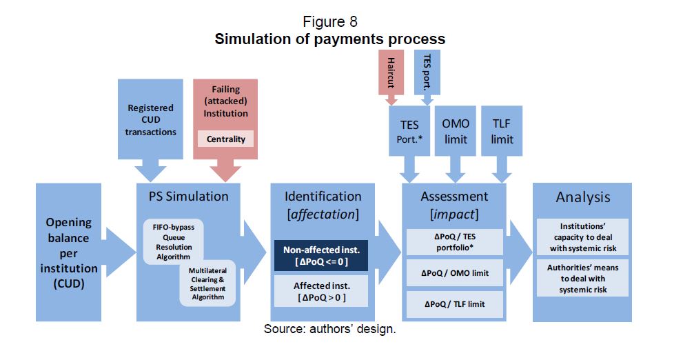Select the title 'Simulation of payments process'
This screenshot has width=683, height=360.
[329, 39]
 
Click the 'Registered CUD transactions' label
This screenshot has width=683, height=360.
[151, 120]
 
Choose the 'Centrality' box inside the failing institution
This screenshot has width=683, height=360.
[226, 139]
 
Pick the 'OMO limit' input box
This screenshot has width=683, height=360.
[455, 132]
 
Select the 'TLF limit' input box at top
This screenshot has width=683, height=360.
[502, 132]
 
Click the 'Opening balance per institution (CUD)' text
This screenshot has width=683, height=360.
[68, 252]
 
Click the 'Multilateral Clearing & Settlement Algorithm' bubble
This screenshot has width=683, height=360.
[207, 283]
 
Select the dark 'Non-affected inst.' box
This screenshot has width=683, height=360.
[320, 255]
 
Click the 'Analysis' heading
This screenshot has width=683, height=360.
[582, 197]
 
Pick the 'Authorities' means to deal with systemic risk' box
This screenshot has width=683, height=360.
[582, 278]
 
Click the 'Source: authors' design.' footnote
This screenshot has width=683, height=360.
[329, 329]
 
